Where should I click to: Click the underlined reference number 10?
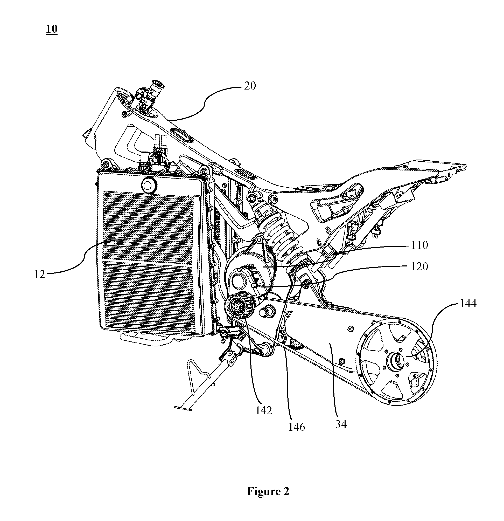52,29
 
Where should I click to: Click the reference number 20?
250,86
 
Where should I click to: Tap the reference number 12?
40,274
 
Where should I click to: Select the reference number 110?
419,245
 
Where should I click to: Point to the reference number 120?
419,266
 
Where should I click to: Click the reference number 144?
468,303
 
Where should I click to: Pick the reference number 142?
264,411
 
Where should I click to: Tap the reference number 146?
297,427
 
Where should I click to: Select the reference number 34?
341,424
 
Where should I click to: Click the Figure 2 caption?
268,491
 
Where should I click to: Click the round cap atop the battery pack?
149,184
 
